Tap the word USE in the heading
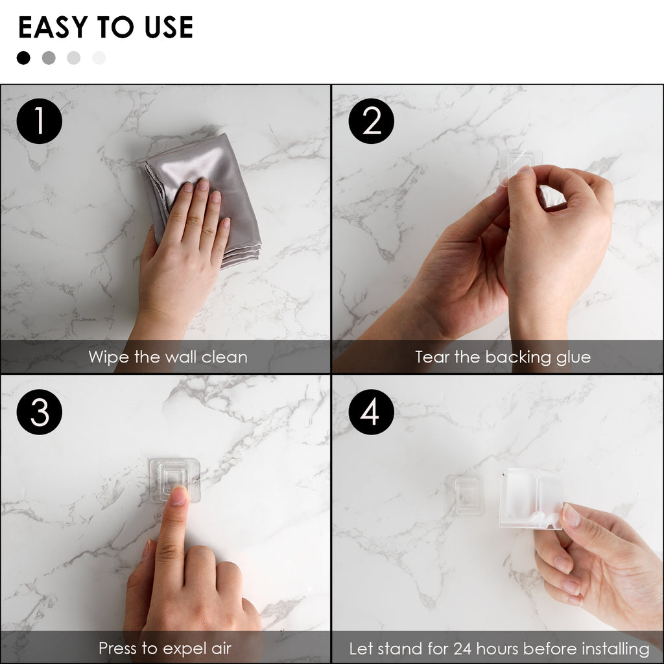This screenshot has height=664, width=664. coord(169,27)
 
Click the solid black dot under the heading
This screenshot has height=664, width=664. coord(23,58)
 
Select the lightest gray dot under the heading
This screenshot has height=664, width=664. coord(99,58)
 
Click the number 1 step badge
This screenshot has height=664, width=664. coord(40,121)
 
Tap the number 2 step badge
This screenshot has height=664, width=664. coord(372,121)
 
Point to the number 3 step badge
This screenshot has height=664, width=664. coord(40,412)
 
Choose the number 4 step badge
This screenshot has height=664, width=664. coord(372,412)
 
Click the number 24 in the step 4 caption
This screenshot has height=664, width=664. coord(462,648)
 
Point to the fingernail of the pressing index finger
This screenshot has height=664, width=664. coord(179,495)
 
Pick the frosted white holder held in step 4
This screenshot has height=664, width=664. coord(530,499)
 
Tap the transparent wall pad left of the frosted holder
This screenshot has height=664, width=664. coord(465,495)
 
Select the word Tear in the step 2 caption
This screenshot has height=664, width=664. coord(433,357)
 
